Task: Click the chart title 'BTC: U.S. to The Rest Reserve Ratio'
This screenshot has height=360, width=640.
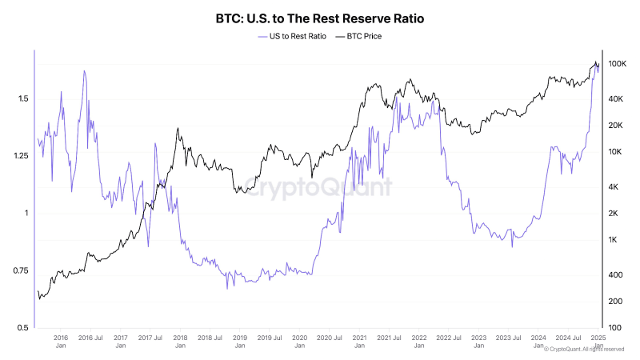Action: pyautogui.click(x=320, y=17)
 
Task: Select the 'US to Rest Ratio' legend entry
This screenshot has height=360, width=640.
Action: pyautogui.click(x=292, y=36)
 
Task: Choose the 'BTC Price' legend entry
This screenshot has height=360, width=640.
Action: pyautogui.click(x=358, y=36)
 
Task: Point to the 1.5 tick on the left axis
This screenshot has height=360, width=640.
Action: pyautogui.click(x=23, y=98)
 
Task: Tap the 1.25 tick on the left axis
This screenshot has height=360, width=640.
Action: pyautogui.click(x=21, y=156)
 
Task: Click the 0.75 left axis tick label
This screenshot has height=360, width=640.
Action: pyautogui.click(x=21, y=271)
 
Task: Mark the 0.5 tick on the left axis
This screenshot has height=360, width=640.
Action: pyautogui.click(x=23, y=328)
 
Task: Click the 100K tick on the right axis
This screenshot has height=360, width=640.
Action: pyautogui.click(x=617, y=63)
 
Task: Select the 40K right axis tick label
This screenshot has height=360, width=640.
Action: pyautogui.click(x=617, y=98)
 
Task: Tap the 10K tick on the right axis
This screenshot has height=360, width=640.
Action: pyautogui.click(x=617, y=151)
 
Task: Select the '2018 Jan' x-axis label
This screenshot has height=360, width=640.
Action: pyautogui.click(x=180, y=342)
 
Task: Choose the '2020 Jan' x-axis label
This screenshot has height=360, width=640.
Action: pyautogui.click(x=299, y=342)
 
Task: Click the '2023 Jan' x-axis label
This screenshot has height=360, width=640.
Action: pyautogui.click(x=478, y=342)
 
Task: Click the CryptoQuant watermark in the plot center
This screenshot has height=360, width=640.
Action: pyautogui.click(x=318, y=188)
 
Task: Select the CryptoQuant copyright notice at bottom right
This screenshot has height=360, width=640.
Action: pyautogui.click(x=582, y=350)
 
